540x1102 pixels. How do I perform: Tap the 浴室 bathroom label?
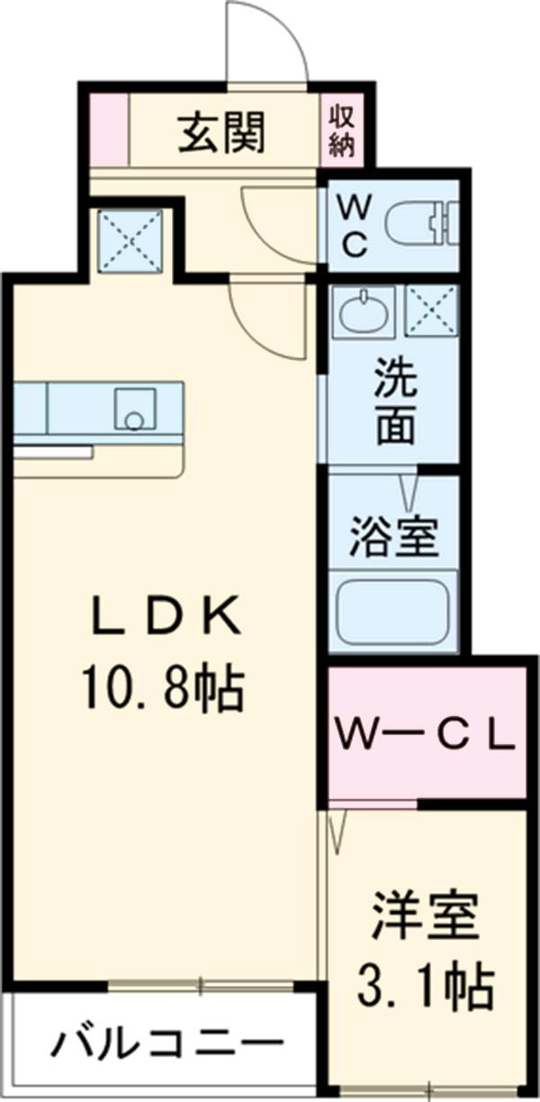393,537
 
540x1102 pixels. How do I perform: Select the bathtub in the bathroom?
393,613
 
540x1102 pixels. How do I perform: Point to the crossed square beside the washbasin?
432,311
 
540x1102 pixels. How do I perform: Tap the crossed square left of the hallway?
130,239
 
